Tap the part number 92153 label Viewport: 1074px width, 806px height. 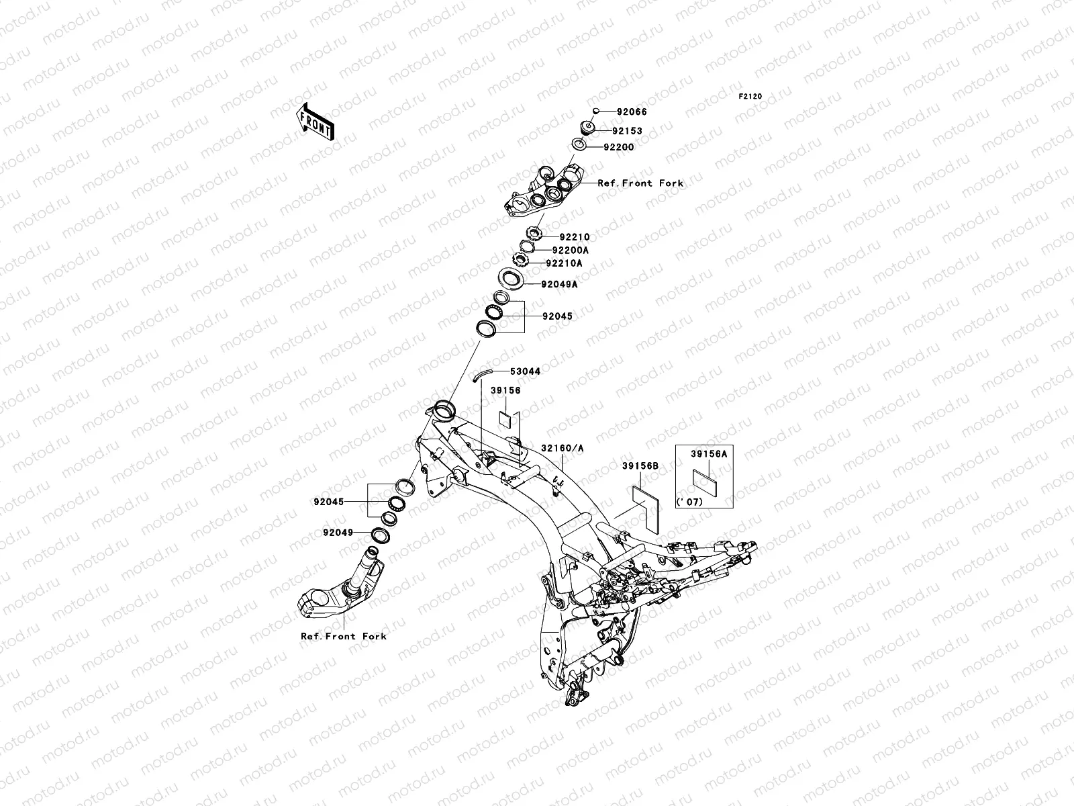click(626, 131)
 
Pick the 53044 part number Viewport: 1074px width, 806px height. click(525, 371)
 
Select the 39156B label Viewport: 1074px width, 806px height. click(640, 465)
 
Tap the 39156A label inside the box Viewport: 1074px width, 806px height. click(709, 454)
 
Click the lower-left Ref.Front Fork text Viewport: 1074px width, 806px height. click(344, 636)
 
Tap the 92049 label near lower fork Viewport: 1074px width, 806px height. click(338, 533)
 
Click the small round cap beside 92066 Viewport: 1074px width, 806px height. click(595, 111)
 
